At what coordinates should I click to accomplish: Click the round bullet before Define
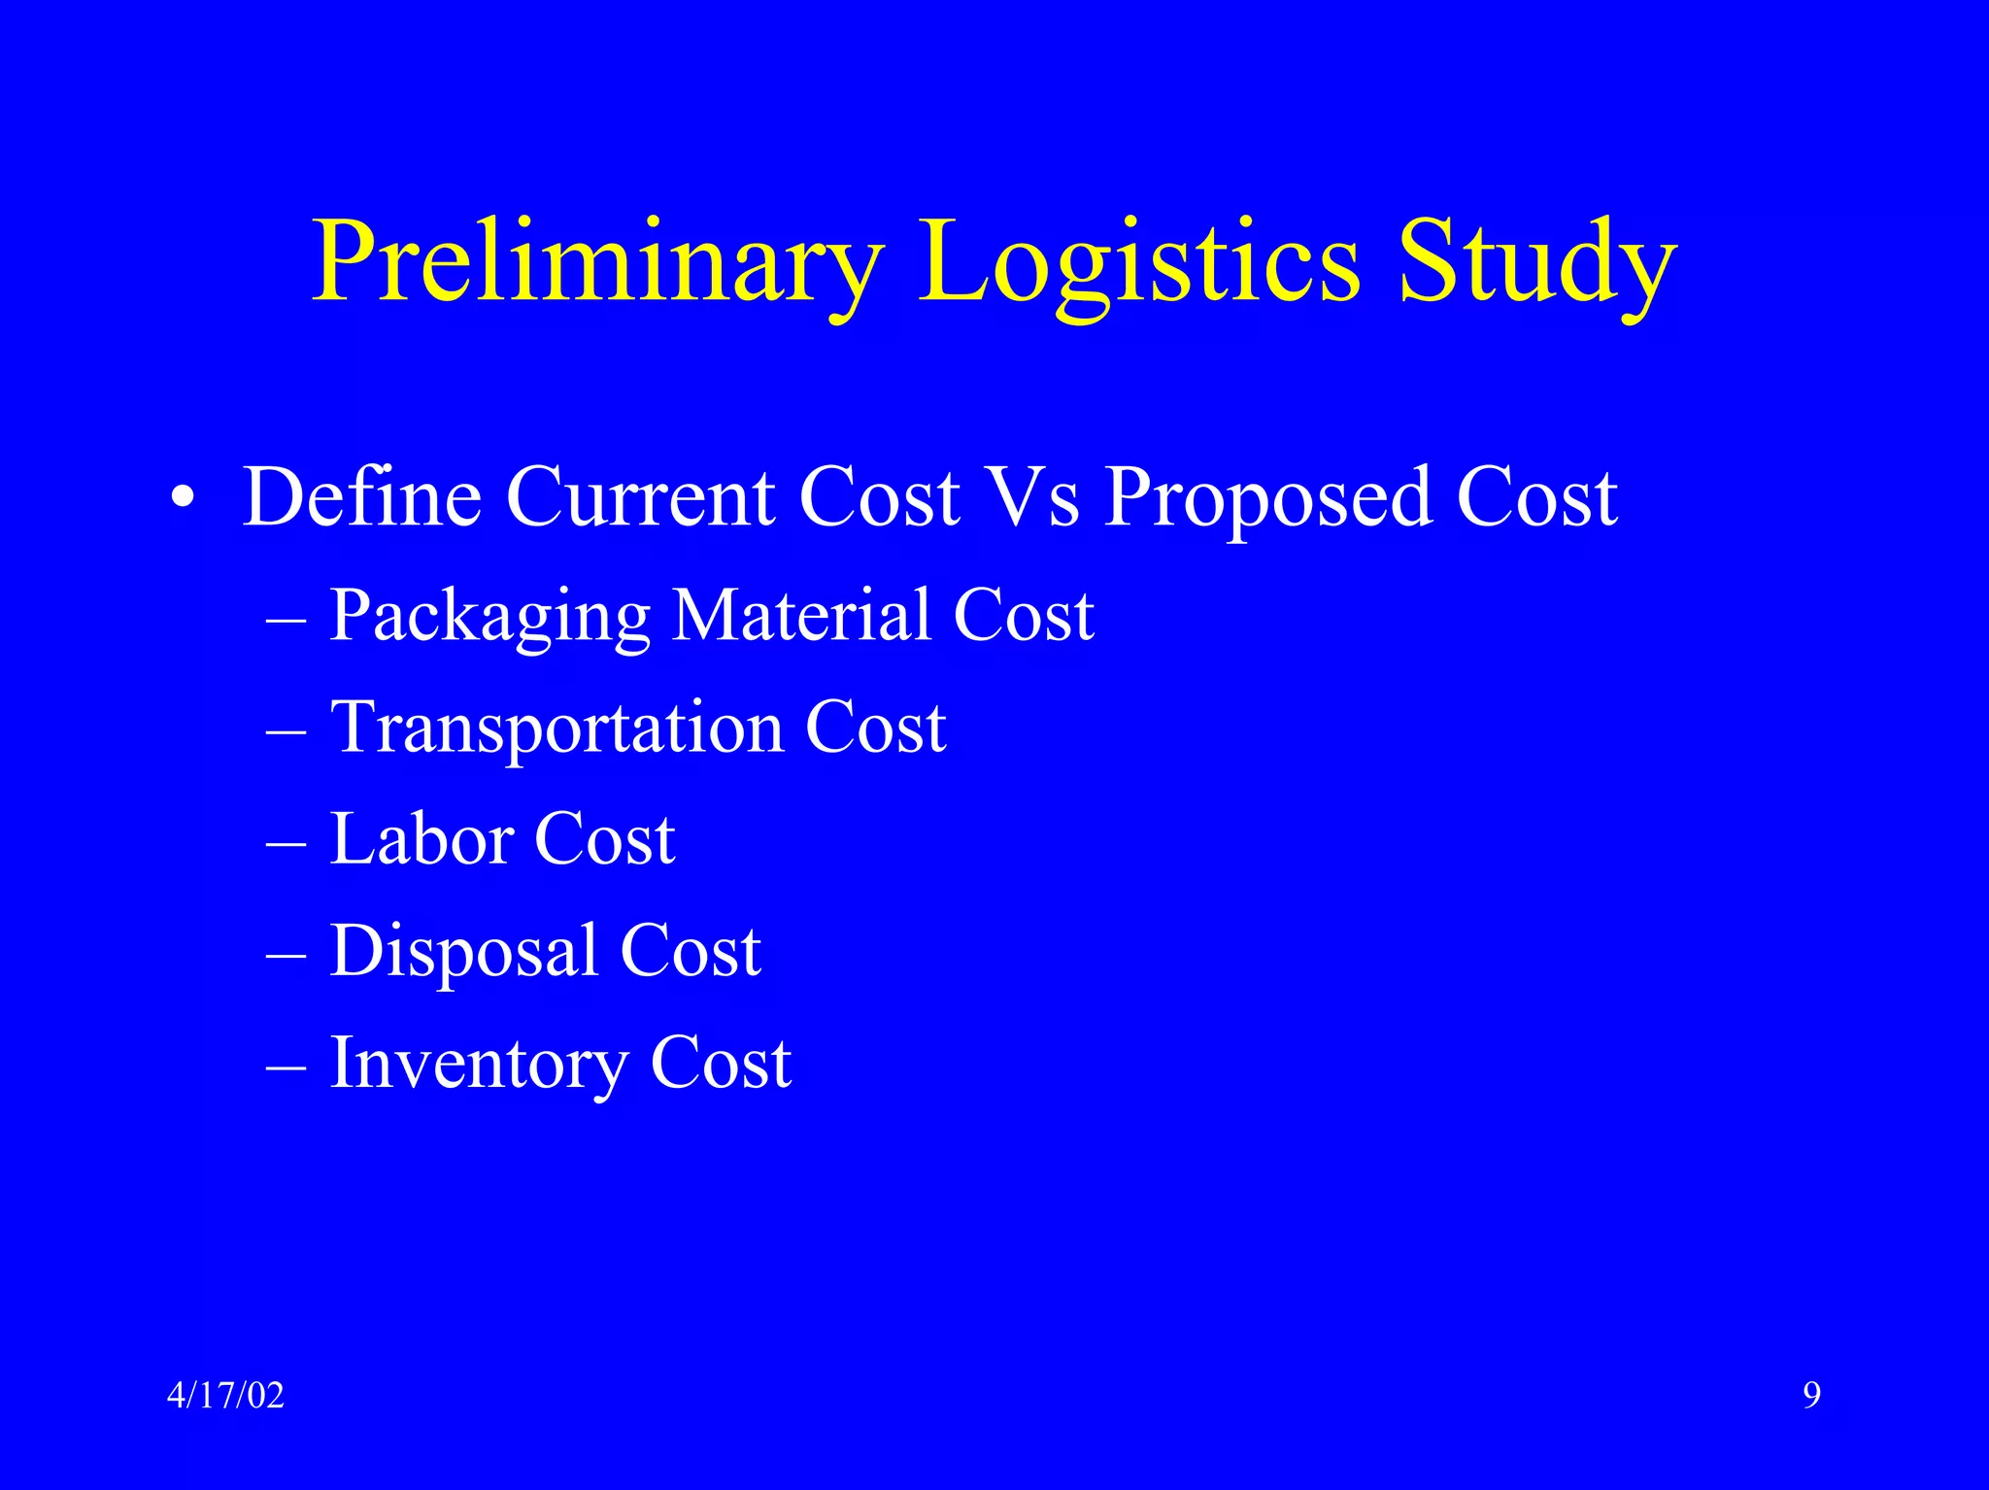183,500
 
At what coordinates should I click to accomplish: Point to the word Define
361,497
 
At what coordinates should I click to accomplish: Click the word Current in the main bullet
641,497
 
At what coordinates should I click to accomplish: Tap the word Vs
1031,497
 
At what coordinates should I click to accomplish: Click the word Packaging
489,618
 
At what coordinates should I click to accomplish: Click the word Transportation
556,728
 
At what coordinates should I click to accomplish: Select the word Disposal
463,953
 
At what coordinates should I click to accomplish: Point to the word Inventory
478,1066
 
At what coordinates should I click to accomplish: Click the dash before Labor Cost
286,842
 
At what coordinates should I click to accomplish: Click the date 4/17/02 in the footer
225,1396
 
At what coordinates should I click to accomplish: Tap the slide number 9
1811,1396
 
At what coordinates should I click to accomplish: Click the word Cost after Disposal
691,951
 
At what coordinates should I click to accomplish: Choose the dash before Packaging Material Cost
286,619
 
